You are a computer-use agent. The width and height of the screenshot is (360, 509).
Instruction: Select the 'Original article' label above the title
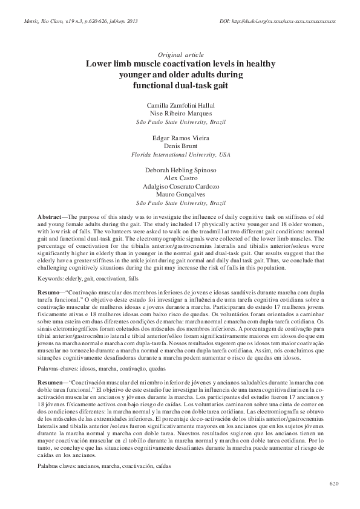pyautogui.click(x=180, y=54)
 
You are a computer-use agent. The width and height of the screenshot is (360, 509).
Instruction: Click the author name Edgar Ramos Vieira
pyautogui.click(x=180, y=138)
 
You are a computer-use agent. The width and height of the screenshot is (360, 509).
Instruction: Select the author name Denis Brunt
pyautogui.click(x=180, y=146)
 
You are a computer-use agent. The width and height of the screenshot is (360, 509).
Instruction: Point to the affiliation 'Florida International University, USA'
pyautogui.click(x=180, y=155)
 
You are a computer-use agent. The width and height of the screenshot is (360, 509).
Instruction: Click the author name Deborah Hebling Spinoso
pyautogui.click(x=180, y=171)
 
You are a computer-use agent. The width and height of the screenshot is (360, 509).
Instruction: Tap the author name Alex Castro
pyautogui.click(x=180, y=179)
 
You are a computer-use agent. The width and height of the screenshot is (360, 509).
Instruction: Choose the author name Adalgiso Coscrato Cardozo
pyautogui.click(x=180, y=187)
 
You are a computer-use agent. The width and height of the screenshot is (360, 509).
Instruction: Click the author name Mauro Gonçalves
pyautogui.click(x=180, y=195)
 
